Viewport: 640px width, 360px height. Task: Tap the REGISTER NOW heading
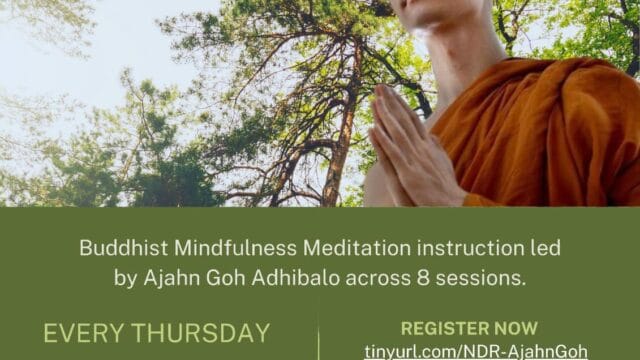point(469,328)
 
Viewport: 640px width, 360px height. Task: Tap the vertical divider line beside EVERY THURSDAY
point(318,338)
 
